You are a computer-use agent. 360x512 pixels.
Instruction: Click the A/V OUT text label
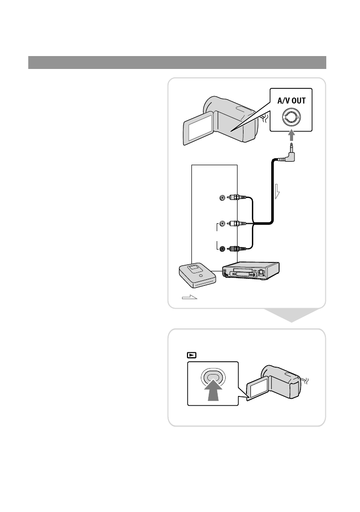click(292, 101)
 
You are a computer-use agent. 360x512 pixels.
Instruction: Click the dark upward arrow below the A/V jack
click(292, 135)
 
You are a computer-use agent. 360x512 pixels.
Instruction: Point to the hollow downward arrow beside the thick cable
click(277, 191)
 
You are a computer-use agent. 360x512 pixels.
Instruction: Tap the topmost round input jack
click(222, 197)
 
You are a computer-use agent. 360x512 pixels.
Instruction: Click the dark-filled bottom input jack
click(222, 249)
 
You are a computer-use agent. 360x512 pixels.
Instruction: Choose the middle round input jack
click(222, 223)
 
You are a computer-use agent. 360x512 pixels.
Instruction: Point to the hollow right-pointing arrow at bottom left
click(189, 297)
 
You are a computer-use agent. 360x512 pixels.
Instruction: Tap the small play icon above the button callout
click(191, 355)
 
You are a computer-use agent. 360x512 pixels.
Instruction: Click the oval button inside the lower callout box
click(213, 378)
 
